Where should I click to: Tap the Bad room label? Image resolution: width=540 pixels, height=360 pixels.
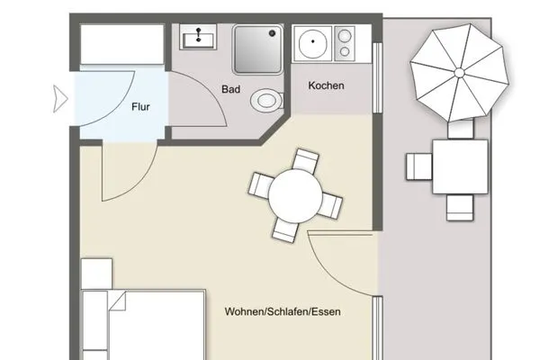(231, 89)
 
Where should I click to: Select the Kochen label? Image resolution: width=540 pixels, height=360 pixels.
(327, 86)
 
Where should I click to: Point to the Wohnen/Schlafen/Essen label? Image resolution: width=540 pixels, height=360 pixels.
(283, 312)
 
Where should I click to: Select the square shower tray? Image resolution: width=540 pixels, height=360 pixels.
(258, 49)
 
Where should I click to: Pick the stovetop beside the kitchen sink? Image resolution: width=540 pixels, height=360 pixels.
(346, 43)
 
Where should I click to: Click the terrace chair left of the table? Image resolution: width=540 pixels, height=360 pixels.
(418, 166)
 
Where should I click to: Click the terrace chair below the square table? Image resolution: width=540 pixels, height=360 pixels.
(460, 207)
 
